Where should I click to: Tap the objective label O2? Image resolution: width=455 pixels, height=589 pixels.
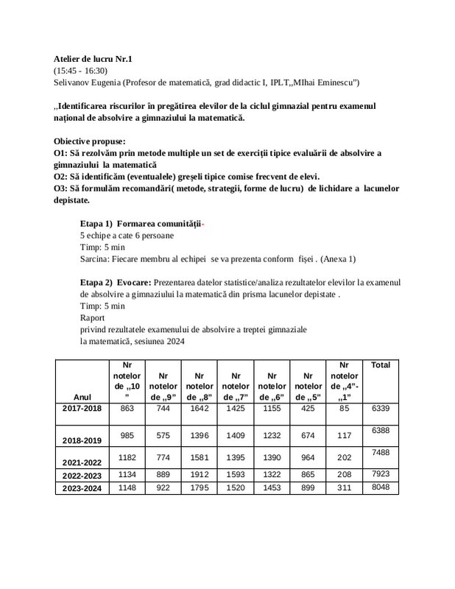[63, 177]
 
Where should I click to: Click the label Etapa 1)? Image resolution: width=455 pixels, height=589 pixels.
[95, 223]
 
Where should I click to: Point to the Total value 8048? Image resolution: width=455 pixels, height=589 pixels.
[381, 487]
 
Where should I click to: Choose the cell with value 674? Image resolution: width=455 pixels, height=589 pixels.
[308, 435]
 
